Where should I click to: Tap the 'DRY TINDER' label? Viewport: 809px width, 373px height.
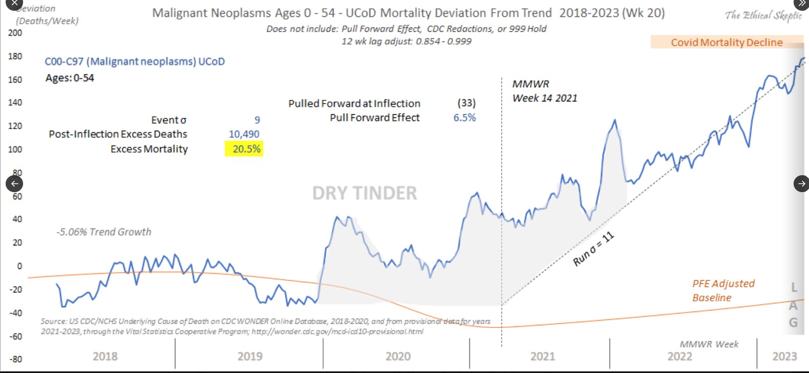pos(365,193)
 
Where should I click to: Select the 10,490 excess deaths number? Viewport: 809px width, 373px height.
pos(244,134)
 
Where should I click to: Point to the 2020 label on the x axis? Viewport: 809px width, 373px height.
pos(398,357)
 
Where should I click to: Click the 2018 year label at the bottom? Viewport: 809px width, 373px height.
pos(105,357)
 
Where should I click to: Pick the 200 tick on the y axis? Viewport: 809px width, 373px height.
pos(15,33)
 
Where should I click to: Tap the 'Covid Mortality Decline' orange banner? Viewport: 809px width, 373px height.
pos(726,43)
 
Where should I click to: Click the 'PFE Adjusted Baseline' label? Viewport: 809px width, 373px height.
pos(723,291)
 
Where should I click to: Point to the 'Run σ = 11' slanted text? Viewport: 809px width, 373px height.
pos(593,249)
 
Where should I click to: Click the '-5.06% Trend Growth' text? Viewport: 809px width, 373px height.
pos(104,232)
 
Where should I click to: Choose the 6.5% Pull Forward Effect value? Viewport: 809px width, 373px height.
pos(465,118)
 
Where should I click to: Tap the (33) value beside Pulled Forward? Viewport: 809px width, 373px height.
pos(466,103)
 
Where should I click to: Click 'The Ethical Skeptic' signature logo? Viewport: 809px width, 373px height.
pos(763,16)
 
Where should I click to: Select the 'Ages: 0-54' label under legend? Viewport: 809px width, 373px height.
pos(70,78)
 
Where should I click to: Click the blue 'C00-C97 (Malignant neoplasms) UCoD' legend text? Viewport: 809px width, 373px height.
pos(135,61)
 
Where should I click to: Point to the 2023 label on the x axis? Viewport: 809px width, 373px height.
pos(784,357)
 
